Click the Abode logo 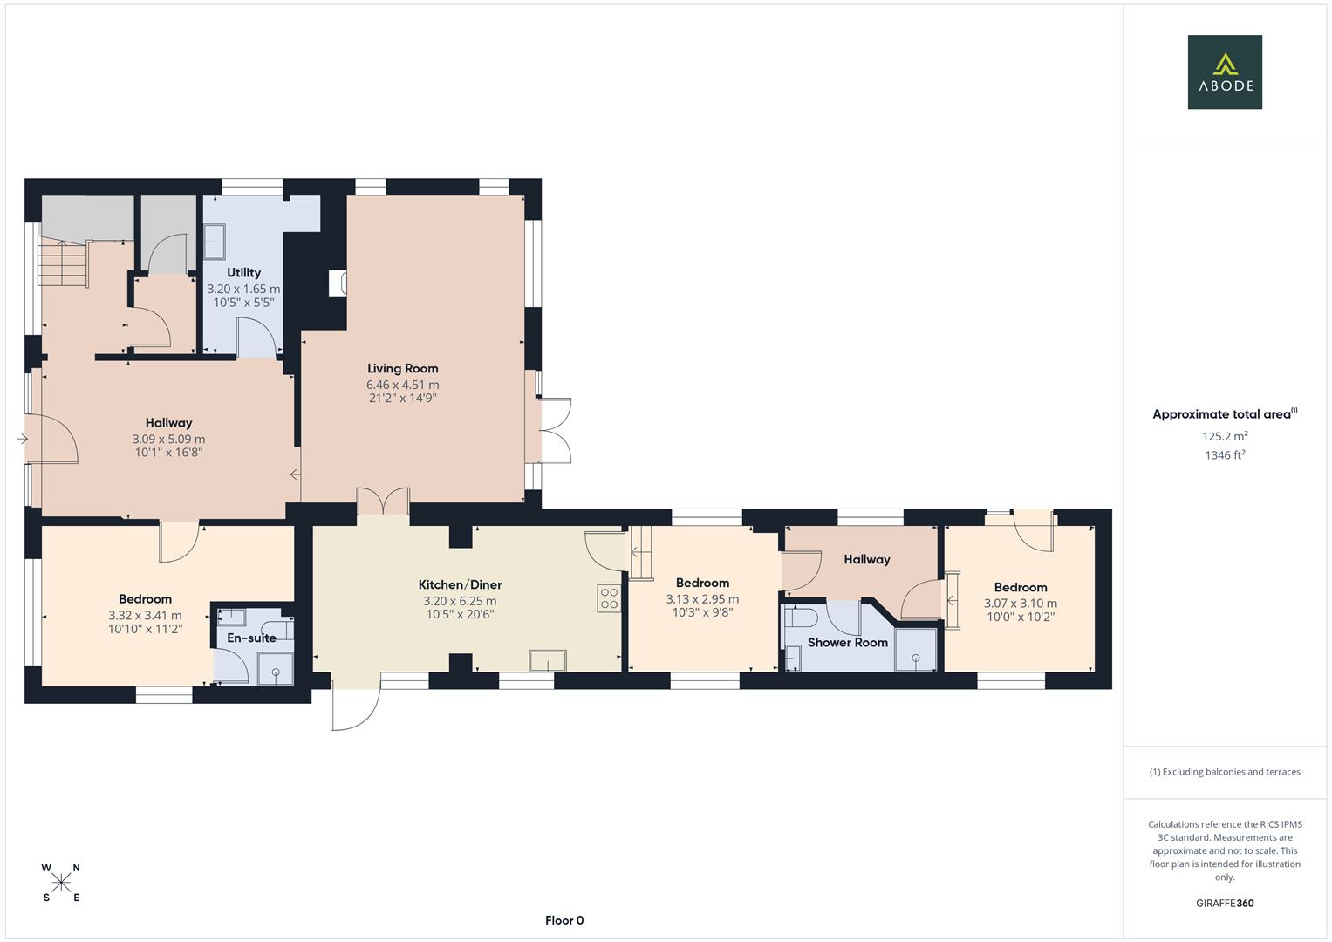click(1224, 72)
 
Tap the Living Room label click(402, 368)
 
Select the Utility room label click(243, 272)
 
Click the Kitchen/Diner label click(460, 584)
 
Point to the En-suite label click(251, 638)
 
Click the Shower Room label click(847, 642)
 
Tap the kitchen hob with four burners click(609, 597)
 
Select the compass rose click(61, 883)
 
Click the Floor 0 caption click(564, 920)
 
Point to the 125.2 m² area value click(1225, 436)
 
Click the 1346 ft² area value click(1225, 455)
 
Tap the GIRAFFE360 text click(1225, 904)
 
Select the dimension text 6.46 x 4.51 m click(402, 385)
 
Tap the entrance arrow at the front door click(23, 439)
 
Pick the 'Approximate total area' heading click(1224, 414)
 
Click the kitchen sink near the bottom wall click(547, 662)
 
